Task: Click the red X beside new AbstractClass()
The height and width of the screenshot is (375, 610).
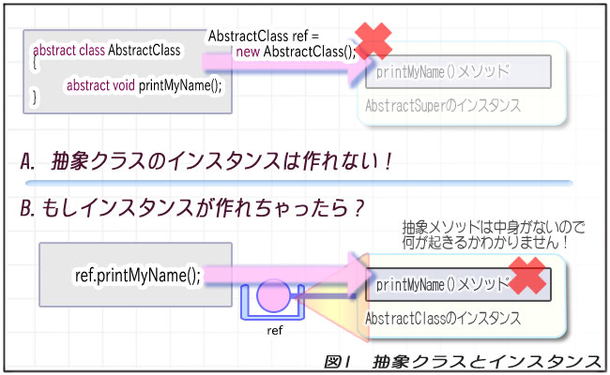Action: (x=374, y=40)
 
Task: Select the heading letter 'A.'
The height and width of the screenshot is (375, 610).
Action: (x=29, y=160)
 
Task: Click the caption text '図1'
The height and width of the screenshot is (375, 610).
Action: (x=338, y=361)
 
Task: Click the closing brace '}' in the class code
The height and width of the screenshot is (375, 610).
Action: (x=36, y=97)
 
